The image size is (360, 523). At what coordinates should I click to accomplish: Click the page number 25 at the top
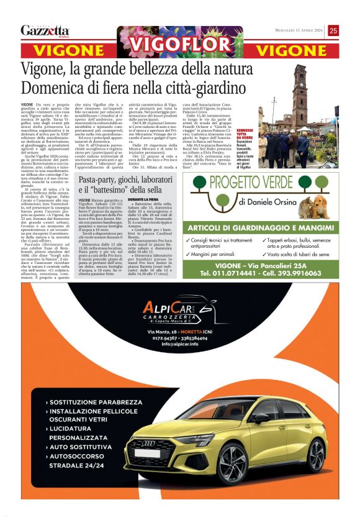coord(333,30)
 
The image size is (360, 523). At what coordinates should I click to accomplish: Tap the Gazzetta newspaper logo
coord(45,30)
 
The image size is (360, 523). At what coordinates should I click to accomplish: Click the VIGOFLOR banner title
coord(180,45)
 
